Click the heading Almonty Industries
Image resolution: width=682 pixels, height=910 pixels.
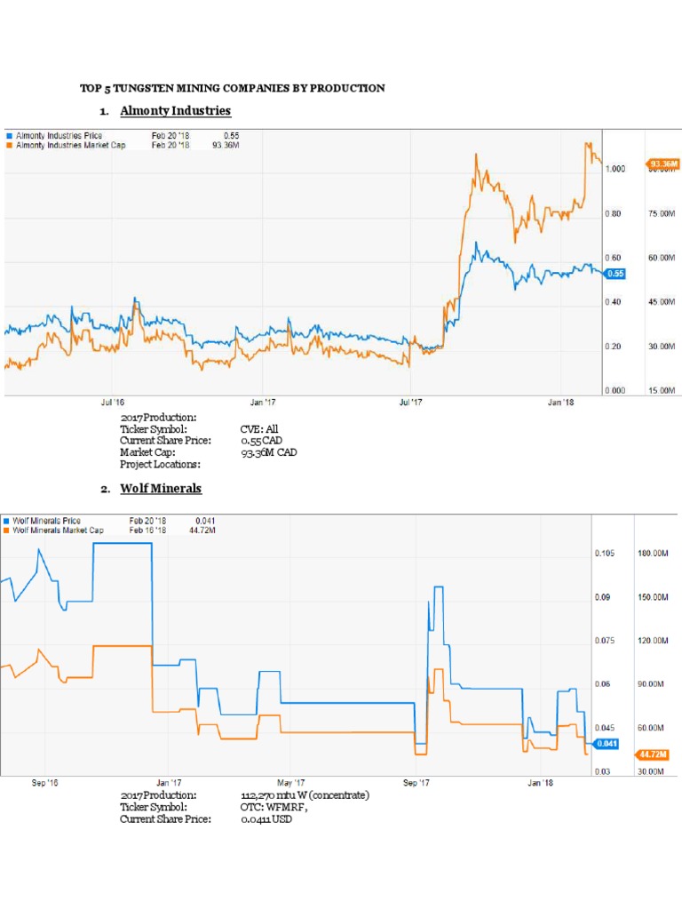(x=175, y=110)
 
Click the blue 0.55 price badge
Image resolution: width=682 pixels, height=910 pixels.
(x=615, y=274)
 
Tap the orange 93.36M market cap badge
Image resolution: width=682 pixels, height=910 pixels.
(x=663, y=164)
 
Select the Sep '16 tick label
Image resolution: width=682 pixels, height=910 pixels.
(x=44, y=783)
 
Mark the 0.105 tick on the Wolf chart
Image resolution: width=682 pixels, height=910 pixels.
(x=604, y=554)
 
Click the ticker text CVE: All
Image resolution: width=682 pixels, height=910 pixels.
(x=259, y=429)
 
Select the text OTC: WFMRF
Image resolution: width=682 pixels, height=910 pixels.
(x=274, y=807)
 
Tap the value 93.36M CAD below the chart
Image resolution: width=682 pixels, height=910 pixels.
(x=269, y=452)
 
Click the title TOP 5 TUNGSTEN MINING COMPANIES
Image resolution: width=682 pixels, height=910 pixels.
(x=233, y=88)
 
